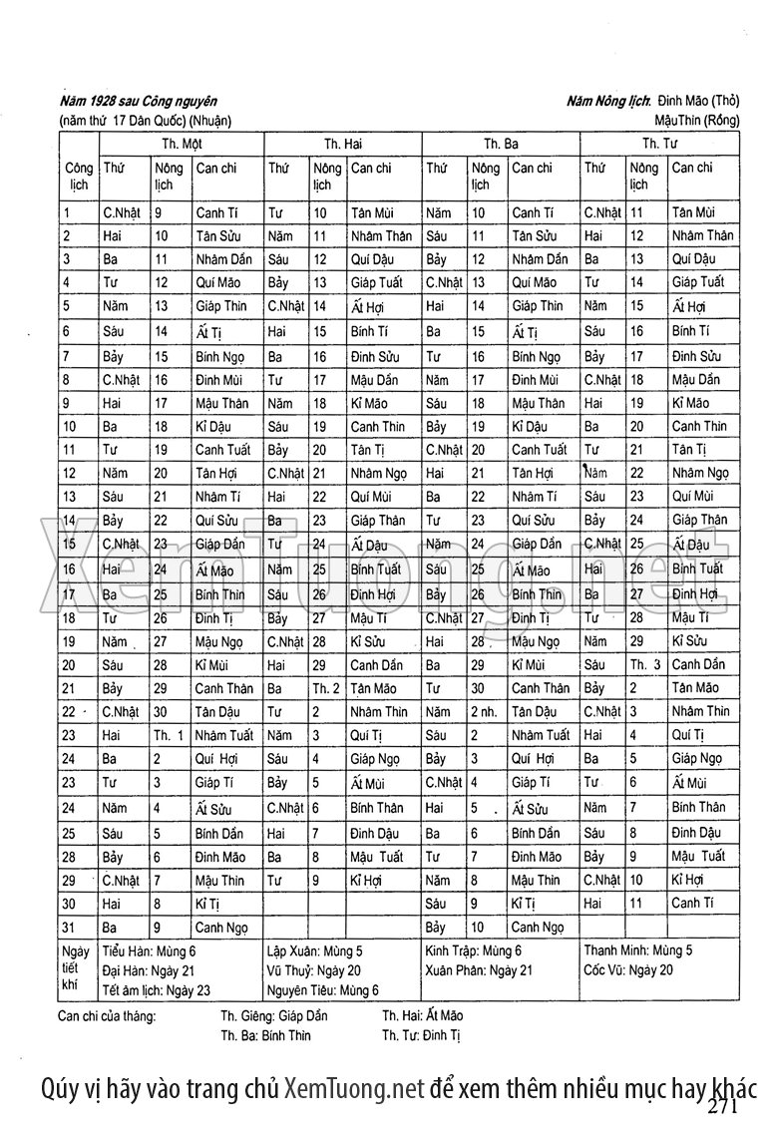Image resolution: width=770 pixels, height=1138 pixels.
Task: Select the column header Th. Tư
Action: [x=659, y=144]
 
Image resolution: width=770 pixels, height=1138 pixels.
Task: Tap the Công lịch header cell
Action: [x=78, y=177]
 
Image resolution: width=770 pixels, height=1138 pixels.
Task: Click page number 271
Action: [x=723, y=1108]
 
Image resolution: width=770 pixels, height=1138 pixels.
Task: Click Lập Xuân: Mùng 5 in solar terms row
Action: [x=315, y=950]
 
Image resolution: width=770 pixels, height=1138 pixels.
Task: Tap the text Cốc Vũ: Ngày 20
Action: [x=628, y=969]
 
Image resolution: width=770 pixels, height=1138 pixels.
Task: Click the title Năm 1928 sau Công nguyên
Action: [x=139, y=101]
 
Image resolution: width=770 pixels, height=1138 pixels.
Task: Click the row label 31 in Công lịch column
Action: [x=69, y=928]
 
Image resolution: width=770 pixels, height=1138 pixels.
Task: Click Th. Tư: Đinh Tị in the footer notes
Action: [x=422, y=1035]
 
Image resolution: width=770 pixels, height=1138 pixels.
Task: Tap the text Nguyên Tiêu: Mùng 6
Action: [x=323, y=989]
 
